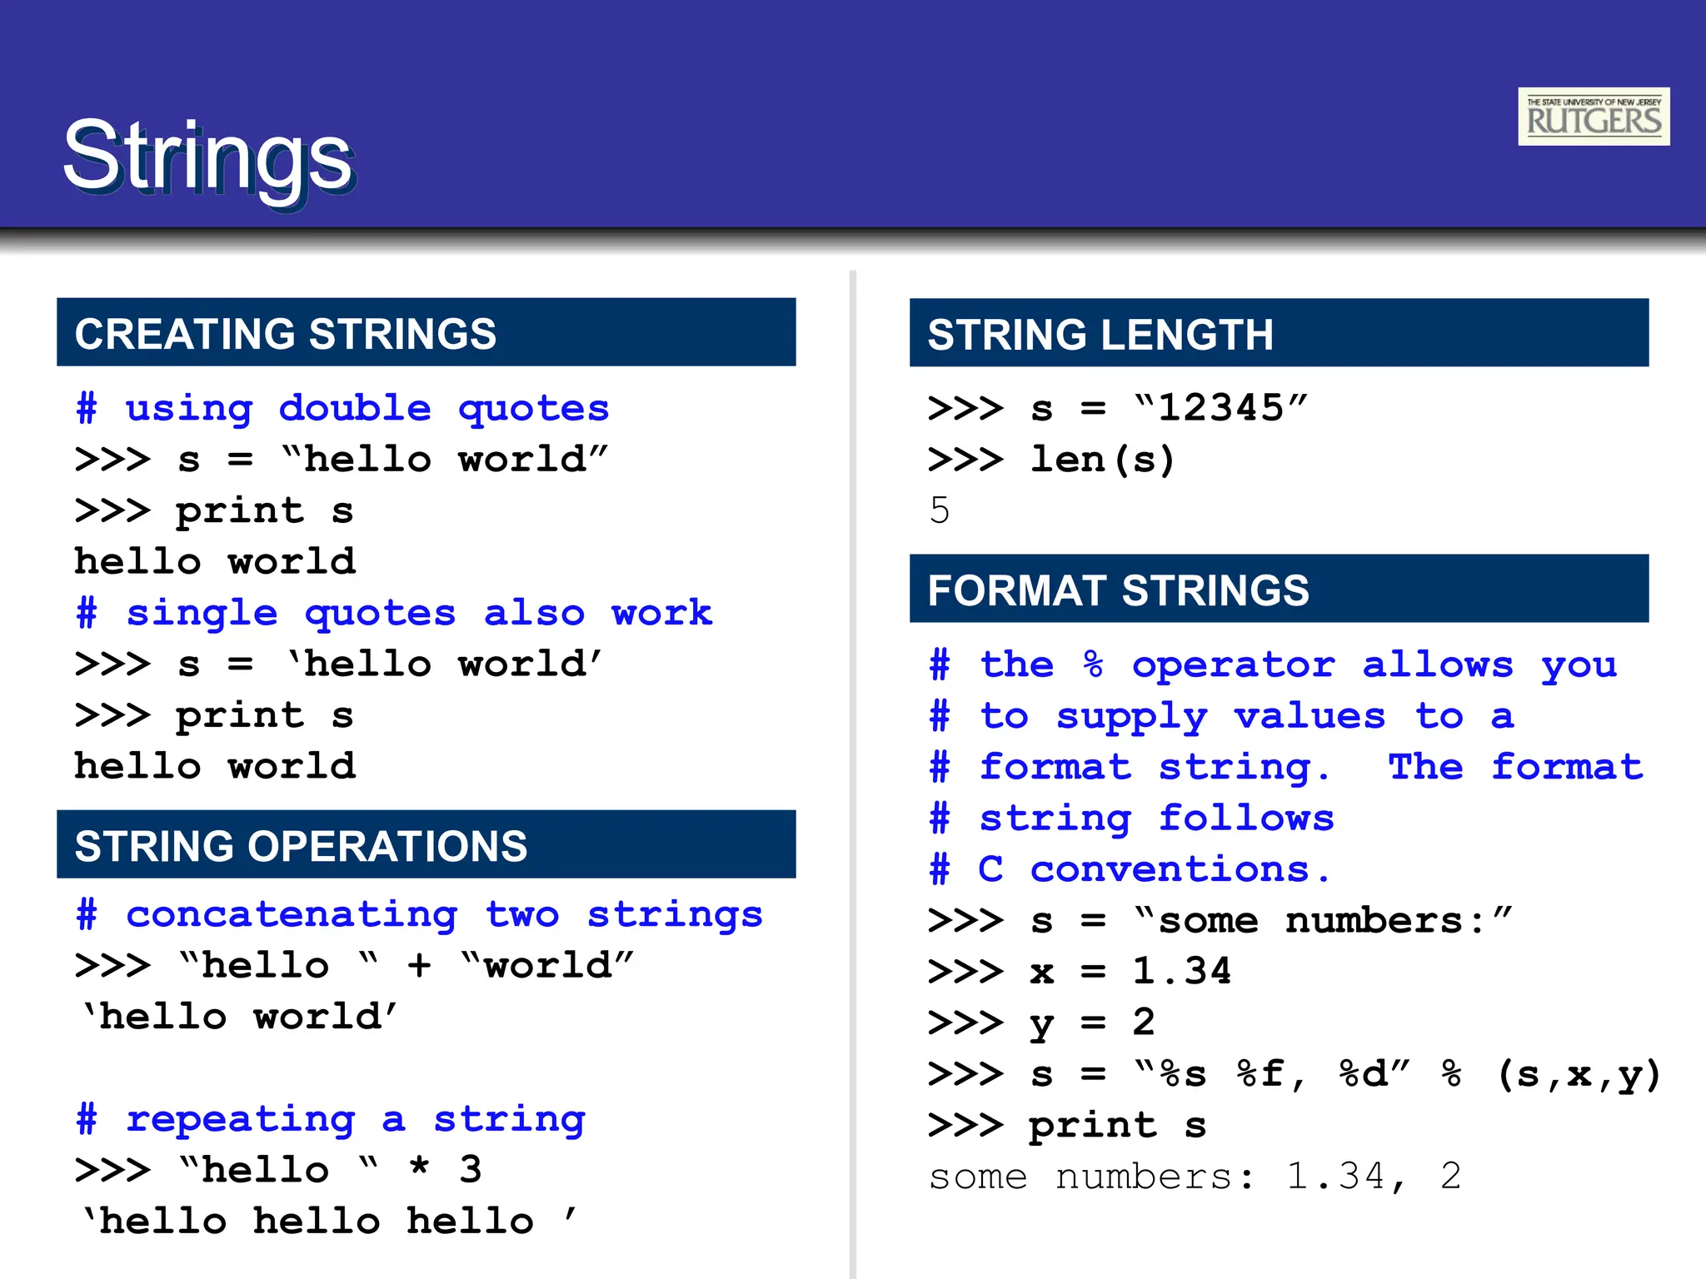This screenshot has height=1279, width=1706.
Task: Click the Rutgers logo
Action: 1593,117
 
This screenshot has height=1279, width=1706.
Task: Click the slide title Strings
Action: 208,157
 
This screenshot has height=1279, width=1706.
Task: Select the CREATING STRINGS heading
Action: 285,333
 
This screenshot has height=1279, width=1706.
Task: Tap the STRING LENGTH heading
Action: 1100,334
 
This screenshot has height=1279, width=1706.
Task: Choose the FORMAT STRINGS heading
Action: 1118,590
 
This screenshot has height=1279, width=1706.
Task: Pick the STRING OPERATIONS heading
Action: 301,845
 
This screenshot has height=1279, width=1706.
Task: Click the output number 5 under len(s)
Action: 940,510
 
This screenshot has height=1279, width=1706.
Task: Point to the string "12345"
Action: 1221,408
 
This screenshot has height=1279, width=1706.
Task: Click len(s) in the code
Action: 1102,460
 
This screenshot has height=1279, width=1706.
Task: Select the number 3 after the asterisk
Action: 471,1170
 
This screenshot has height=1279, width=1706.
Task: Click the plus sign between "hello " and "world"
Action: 419,966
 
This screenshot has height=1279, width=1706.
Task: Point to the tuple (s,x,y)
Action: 1579,1074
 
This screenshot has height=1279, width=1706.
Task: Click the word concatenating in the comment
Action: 292,914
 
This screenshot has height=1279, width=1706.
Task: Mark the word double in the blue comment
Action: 355,408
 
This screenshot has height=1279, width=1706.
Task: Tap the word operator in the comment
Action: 1233,665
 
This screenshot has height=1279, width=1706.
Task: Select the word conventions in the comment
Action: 1170,869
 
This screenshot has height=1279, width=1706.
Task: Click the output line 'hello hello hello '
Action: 328,1222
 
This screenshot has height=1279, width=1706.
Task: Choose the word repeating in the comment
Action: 241,1119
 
